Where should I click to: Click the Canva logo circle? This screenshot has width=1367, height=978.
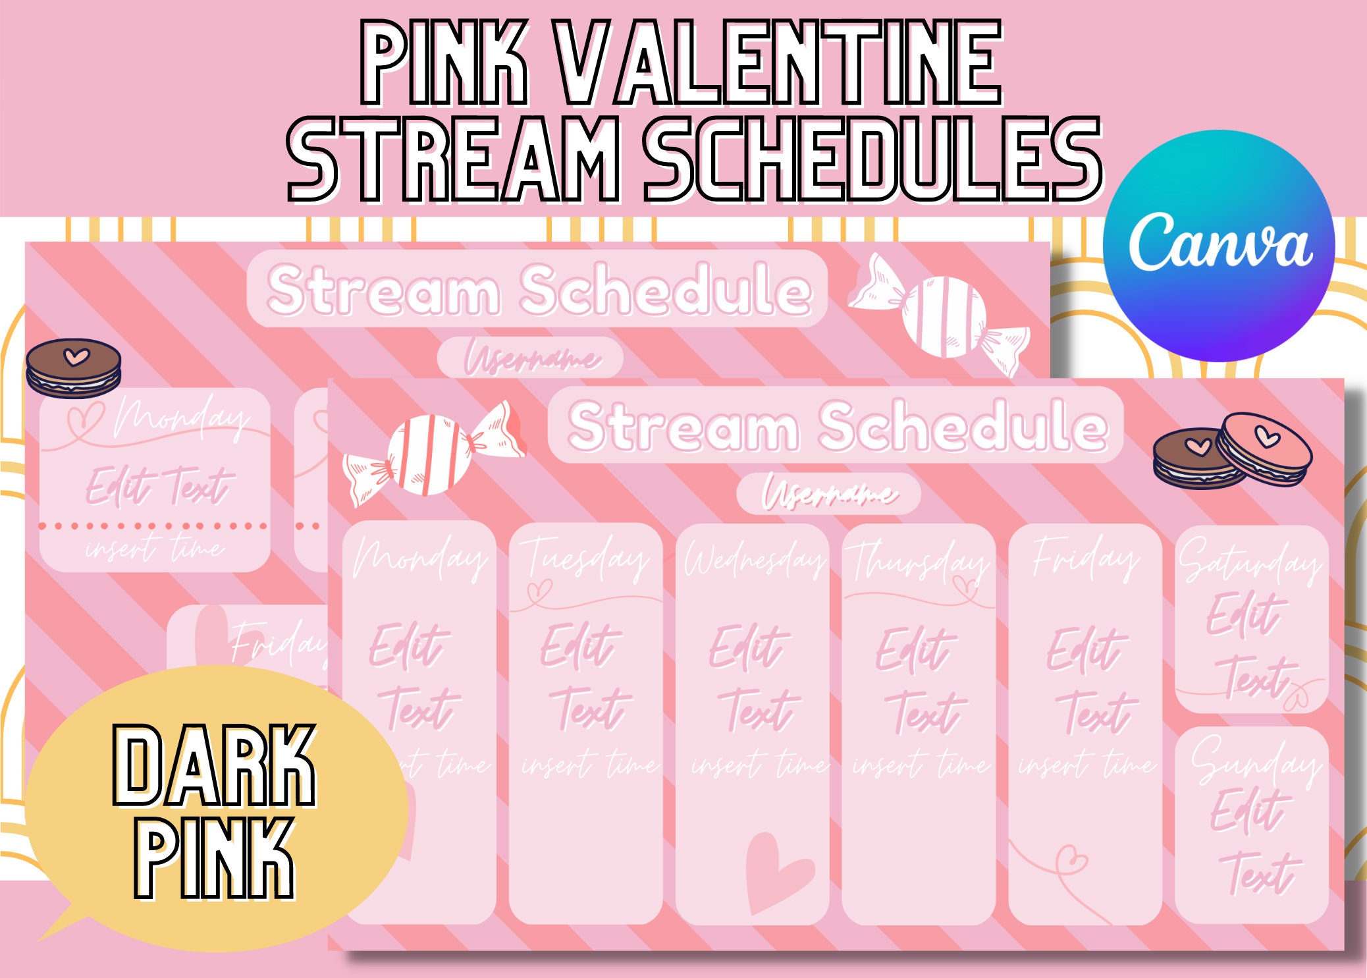(x=1219, y=246)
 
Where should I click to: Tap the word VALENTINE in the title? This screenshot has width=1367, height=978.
(x=780, y=64)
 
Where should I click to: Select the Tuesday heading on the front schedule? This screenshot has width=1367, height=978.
(x=586, y=560)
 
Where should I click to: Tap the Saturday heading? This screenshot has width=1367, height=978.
(x=1249, y=561)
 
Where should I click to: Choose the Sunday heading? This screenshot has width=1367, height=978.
(x=1254, y=761)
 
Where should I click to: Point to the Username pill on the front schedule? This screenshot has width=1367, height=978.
(x=828, y=493)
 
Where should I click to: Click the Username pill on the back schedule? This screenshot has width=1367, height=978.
(x=530, y=358)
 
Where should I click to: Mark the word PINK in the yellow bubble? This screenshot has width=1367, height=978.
(x=214, y=858)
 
